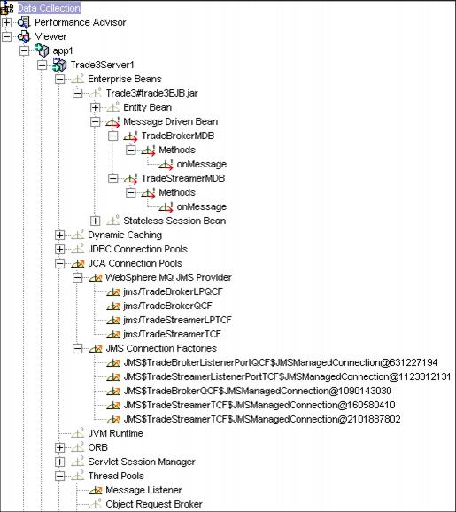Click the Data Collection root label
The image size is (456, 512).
(x=49, y=8)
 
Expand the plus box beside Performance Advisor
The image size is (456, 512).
(x=6, y=22)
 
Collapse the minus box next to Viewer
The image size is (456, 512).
(x=6, y=36)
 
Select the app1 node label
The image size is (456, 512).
(x=63, y=51)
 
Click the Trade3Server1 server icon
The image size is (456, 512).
(x=59, y=65)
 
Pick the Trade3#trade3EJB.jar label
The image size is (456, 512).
(x=151, y=93)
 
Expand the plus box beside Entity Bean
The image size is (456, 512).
(x=95, y=107)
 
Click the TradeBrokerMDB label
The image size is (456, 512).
(x=178, y=136)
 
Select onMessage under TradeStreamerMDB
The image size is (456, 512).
(x=201, y=206)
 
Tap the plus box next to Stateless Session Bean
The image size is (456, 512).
(x=95, y=221)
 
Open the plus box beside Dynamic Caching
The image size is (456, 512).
(x=59, y=235)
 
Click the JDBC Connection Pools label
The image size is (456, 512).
(x=137, y=249)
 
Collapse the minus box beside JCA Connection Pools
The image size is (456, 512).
(x=59, y=263)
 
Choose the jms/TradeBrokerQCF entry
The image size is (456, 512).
(x=167, y=306)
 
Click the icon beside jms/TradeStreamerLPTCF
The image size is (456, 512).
(x=113, y=320)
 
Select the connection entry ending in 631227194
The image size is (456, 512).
(x=281, y=362)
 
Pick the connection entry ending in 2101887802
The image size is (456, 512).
(x=262, y=419)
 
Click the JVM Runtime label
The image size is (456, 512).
(x=115, y=433)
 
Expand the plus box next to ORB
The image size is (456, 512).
(x=59, y=447)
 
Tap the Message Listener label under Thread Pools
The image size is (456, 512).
(x=143, y=490)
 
